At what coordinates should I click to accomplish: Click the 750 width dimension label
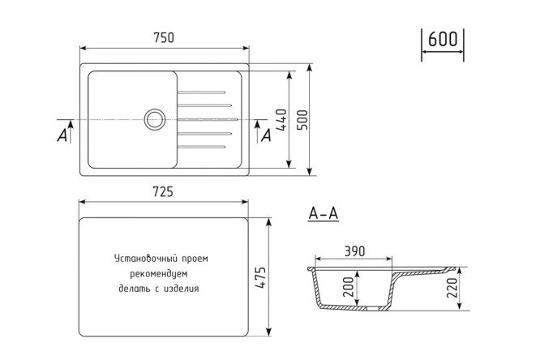(164, 37)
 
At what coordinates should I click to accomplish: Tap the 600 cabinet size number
(443, 39)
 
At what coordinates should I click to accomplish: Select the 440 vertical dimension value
(281, 120)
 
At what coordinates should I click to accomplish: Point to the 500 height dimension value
(302, 120)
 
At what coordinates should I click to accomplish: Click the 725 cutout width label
(163, 192)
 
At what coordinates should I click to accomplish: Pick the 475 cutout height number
(260, 277)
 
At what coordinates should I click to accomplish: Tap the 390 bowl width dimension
(354, 251)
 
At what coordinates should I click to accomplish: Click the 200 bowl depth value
(349, 287)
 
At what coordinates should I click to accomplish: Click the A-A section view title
(324, 213)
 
